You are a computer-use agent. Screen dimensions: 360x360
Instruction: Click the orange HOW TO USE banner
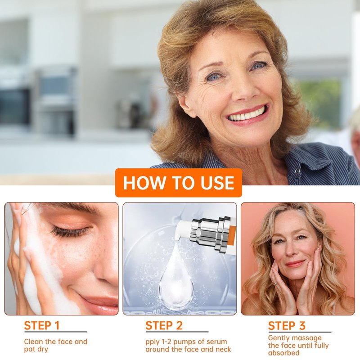coord(178,183)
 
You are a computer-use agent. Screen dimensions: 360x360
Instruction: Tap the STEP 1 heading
coord(42,325)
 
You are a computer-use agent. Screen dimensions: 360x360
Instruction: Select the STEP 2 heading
coord(164,325)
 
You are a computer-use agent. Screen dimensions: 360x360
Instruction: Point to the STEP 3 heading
coord(287,325)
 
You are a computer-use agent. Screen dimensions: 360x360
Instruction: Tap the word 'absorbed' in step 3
coord(284,353)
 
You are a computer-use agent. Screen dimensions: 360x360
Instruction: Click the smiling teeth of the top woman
coord(247,115)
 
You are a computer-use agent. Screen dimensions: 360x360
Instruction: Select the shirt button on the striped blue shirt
coord(297,171)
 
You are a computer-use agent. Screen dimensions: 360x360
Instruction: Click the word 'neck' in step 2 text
coord(223,350)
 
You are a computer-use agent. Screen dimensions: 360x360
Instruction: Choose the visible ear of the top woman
coord(185,104)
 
